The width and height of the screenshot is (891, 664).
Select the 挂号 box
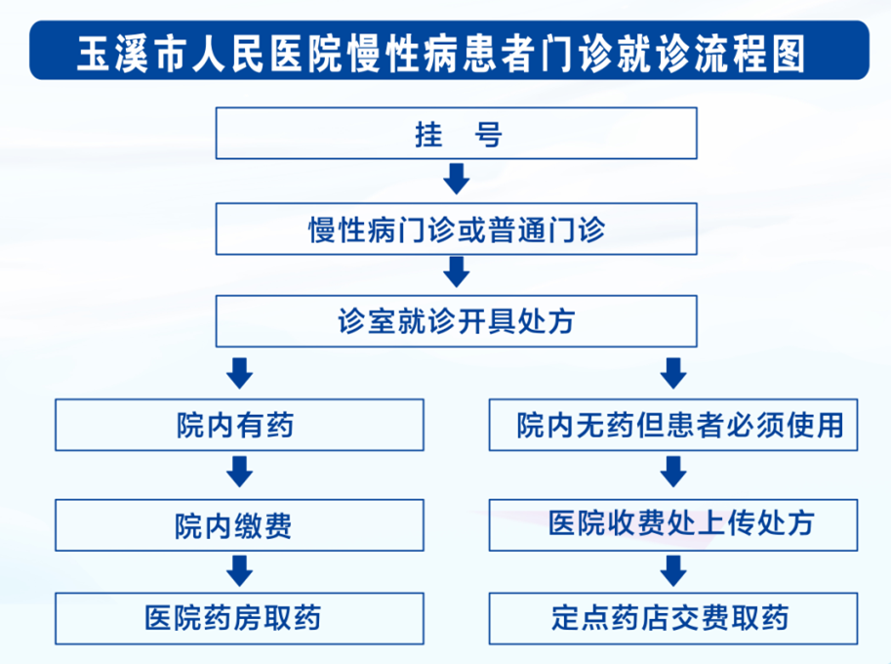coord(457,134)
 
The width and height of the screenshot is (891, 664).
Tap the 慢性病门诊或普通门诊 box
coord(457,228)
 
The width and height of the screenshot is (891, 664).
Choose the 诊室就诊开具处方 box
coord(457,321)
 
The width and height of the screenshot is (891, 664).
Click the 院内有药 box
coord(239,426)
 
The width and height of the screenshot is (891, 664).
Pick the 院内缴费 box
coord(239,525)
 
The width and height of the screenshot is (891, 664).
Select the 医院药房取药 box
coord(239,618)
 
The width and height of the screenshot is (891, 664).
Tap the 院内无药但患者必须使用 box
coord(673,426)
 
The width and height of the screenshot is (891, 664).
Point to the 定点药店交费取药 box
coord(673,618)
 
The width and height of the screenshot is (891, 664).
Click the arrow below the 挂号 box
coord(457,180)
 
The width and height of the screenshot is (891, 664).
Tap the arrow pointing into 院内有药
coord(239,373)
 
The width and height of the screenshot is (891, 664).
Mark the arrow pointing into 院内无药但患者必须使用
coord(673,373)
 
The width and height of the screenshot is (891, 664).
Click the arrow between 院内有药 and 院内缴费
coord(239,475)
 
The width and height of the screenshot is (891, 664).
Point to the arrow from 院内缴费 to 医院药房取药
coord(239,570)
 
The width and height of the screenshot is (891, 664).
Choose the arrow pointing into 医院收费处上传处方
coord(673,475)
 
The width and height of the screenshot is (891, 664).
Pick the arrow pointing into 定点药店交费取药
coord(673,570)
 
